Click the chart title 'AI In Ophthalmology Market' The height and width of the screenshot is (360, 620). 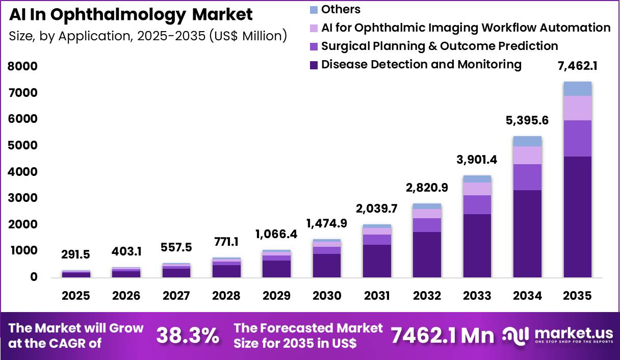(x=131, y=15)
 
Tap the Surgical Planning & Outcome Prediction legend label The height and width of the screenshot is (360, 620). (x=440, y=46)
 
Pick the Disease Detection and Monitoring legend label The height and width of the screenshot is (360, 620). (x=421, y=64)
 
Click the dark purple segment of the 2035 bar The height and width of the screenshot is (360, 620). (x=577, y=217)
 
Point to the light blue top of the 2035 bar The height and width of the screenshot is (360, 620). (x=577, y=89)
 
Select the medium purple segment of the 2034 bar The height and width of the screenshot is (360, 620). (x=527, y=177)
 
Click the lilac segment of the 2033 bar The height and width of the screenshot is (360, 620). (x=477, y=189)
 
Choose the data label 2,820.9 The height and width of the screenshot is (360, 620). (x=427, y=188)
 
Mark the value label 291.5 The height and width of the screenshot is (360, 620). (x=76, y=254)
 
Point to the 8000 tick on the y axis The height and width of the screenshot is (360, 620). (x=22, y=66)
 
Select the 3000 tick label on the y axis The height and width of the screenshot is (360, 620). (x=22, y=198)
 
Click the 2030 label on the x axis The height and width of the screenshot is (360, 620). (x=327, y=296)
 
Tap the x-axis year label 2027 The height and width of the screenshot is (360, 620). (x=176, y=296)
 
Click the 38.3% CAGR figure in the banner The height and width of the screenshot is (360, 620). (x=188, y=336)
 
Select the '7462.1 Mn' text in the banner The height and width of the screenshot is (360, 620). (x=443, y=336)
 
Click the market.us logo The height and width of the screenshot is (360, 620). (x=558, y=336)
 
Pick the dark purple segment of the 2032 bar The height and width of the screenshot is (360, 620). (x=427, y=254)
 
